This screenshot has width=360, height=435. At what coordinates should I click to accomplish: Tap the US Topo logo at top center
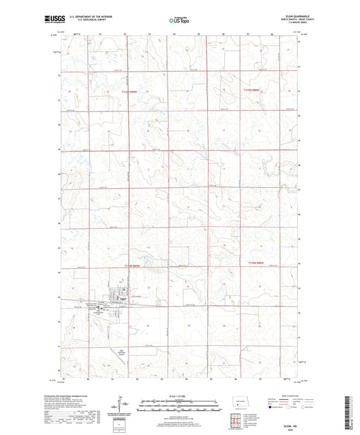coord(179,21)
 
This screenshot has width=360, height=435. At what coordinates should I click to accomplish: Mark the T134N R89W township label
coord(135,267)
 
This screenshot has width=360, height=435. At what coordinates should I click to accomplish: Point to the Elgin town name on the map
coord(121,298)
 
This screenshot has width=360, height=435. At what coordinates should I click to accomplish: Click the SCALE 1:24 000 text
coord(179,396)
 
